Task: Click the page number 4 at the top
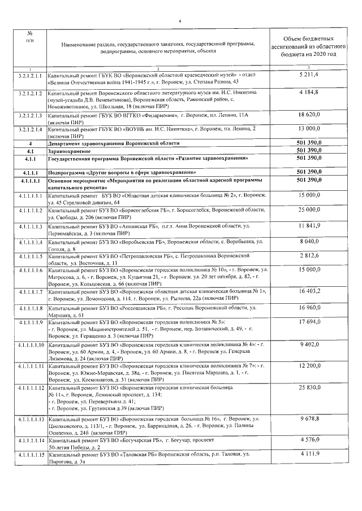(179, 21)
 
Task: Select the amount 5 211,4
(308, 74)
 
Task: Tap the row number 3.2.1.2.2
(29, 92)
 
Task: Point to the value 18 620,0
(308, 114)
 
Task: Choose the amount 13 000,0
(308, 129)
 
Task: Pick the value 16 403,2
(308, 291)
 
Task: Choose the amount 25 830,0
(308, 389)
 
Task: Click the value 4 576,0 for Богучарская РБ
(308, 439)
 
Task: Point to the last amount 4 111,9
(308, 454)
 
